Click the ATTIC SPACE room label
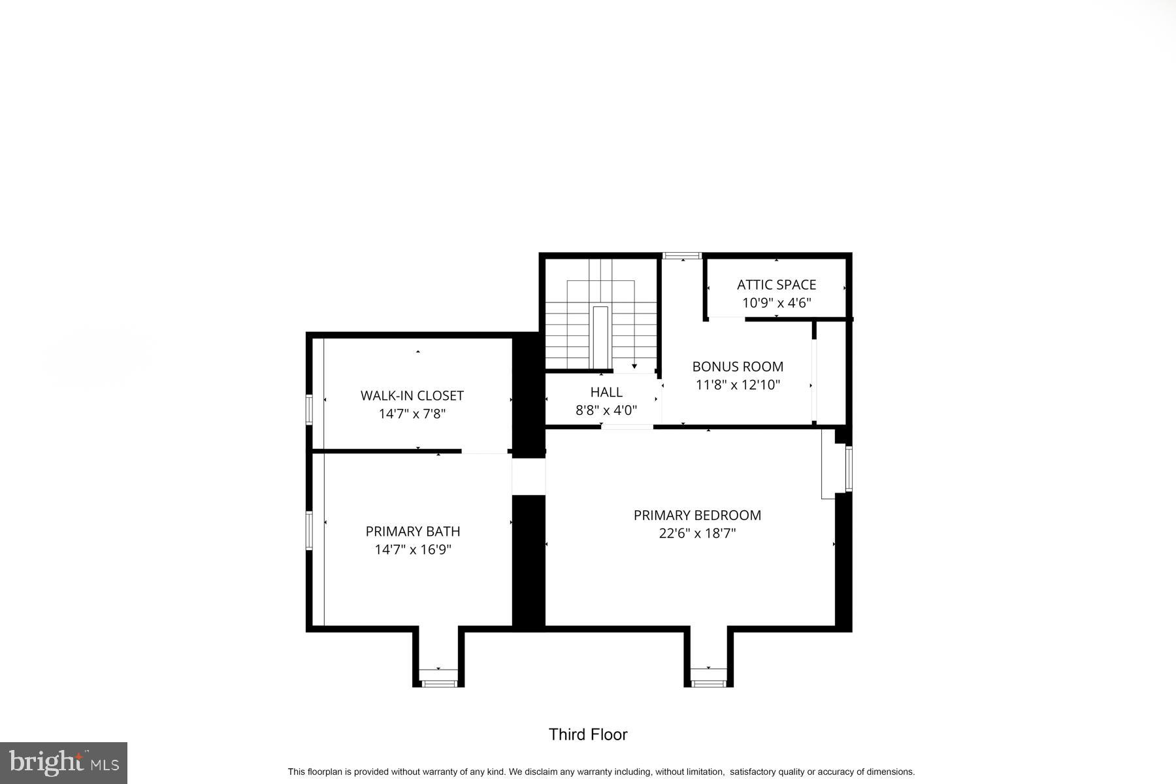[x=776, y=285]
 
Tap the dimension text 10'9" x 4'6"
[x=776, y=303]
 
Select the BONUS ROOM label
[x=738, y=367]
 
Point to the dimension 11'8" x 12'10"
[x=738, y=385]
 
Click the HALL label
[x=606, y=392]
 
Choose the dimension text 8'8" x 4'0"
[x=606, y=410]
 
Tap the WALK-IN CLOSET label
[x=412, y=395]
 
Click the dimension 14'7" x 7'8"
[x=412, y=414]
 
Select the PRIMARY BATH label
[x=412, y=531]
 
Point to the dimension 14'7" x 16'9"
[x=412, y=549]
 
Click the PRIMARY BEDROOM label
[x=697, y=515]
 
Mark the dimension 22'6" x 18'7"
[x=697, y=533]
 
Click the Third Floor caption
[x=588, y=734]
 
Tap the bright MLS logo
[x=63, y=762]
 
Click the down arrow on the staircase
[x=634, y=367]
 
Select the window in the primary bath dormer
[x=438, y=683]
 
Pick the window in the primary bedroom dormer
[x=708, y=683]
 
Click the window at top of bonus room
[x=681, y=255]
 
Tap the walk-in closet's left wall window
[x=310, y=410]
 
